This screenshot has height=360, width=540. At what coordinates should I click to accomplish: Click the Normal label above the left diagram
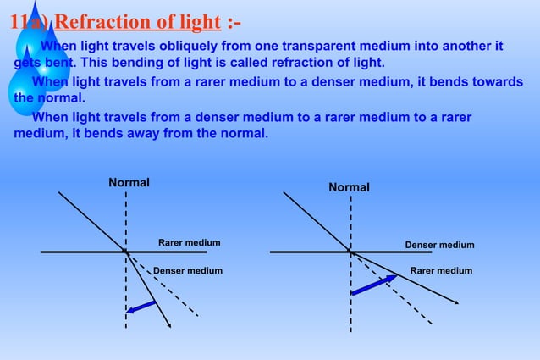pyautogui.click(x=129, y=183)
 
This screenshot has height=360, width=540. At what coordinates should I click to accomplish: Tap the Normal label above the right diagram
pyautogui.click(x=349, y=187)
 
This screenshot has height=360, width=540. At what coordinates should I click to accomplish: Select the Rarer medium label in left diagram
pyautogui.click(x=189, y=243)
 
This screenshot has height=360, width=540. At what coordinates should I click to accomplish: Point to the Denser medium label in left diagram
pyautogui.click(x=188, y=271)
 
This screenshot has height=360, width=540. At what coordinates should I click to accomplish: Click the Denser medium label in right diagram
pyautogui.click(x=439, y=246)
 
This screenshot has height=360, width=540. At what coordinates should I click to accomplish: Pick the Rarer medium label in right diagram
pyautogui.click(x=441, y=271)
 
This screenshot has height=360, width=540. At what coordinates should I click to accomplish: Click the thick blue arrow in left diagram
pyautogui.click(x=141, y=307)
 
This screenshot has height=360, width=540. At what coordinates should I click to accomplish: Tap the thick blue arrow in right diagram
pyautogui.click(x=372, y=285)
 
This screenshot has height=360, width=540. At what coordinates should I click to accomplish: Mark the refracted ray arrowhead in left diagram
pyautogui.click(x=171, y=324)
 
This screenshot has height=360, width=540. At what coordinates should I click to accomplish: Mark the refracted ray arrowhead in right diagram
pyautogui.click(x=456, y=302)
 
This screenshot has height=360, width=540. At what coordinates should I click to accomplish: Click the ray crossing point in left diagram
pyautogui.click(x=126, y=252)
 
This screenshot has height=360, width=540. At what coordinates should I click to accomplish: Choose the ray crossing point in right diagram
pyautogui.click(x=350, y=252)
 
